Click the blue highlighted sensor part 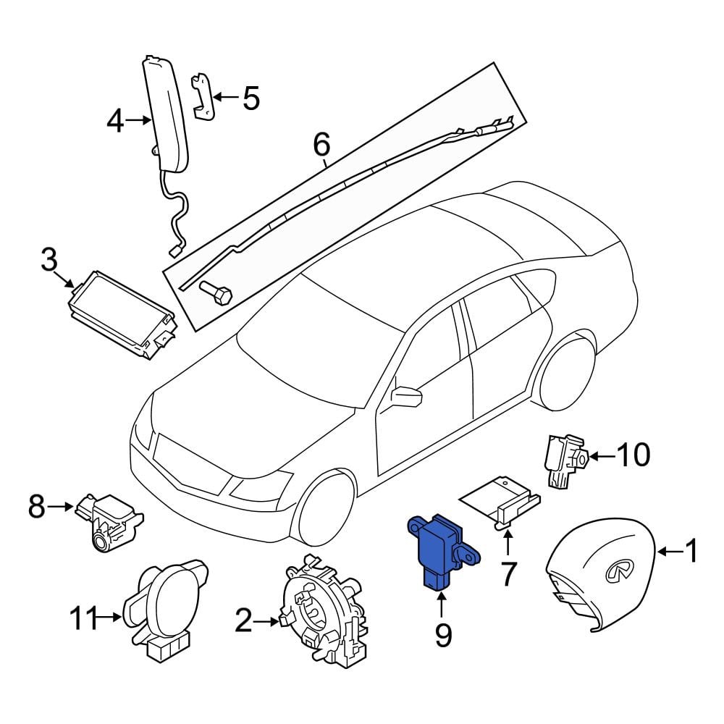click(442, 550)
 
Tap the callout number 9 click(443, 636)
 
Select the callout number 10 click(633, 455)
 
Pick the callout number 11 click(84, 618)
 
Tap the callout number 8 click(37, 507)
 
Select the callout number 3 click(49, 259)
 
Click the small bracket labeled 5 click(203, 97)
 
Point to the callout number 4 click(115, 120)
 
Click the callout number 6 click(322, 143)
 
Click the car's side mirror click(406, 397)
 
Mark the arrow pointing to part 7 click(508, 543)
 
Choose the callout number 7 click(508, 574)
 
